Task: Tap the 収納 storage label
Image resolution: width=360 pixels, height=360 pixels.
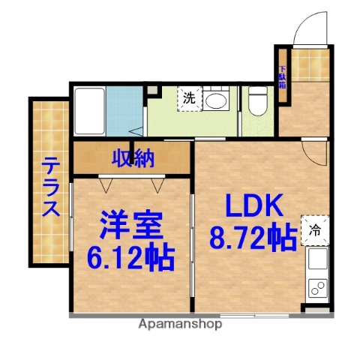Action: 133,157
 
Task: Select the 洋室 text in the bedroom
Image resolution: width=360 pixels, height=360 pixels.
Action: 133,224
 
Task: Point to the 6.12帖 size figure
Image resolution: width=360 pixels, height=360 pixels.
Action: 133,258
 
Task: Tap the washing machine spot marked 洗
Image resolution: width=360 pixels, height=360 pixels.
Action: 189,97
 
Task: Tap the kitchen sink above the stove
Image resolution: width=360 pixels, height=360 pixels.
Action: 317,260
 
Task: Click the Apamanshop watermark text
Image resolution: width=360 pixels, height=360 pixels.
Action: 180,325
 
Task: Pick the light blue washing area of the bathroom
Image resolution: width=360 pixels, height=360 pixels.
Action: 124,111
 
